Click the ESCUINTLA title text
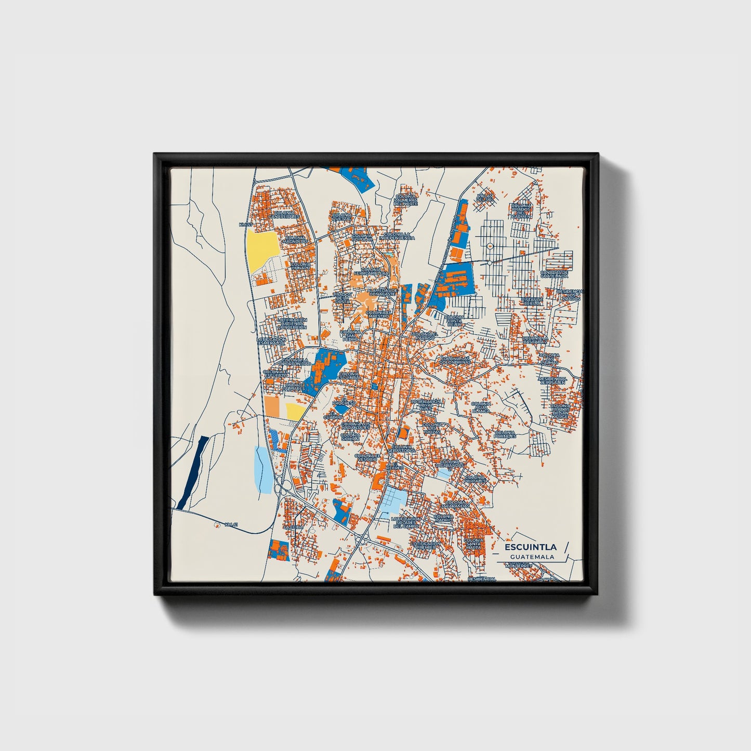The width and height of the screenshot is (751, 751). [x=527, y=547]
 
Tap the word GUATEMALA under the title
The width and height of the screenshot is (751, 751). [x=532, y=557]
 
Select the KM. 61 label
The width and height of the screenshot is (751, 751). [x=231, y=524]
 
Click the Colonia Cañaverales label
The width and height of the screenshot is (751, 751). [x=285, y=215]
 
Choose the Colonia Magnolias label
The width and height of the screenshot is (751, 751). [x=295, y=240]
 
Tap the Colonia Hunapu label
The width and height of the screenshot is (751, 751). [x=301, y=266]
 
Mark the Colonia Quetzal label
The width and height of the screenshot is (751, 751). [x=341, y=217]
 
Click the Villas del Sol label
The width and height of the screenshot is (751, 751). [x=484, y=198]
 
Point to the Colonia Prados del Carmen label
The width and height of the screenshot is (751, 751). [x=521, y=210]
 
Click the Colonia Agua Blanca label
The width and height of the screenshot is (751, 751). [x=481, y=407]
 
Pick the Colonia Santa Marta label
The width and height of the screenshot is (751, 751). [x=473, y=544]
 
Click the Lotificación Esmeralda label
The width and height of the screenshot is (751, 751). [x=271, y=341]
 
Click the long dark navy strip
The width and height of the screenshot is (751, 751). [x=192, y=472]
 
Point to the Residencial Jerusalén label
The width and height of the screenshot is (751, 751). [x=552, y=380]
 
